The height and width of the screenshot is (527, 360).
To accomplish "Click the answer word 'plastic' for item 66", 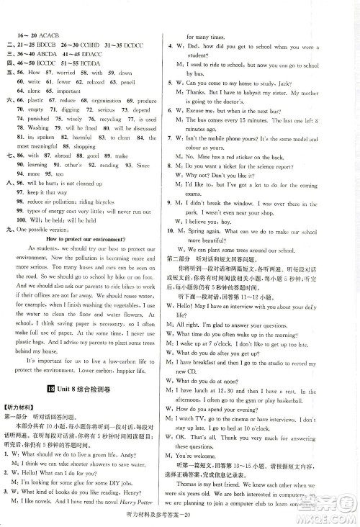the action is click(39, 100).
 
